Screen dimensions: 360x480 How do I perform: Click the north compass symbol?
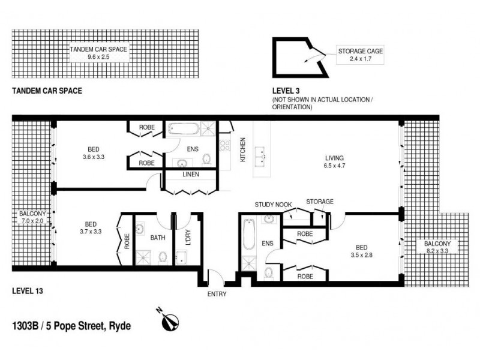pos(170,321)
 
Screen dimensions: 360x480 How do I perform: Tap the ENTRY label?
pos(217,295)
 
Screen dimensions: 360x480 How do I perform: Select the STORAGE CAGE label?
pos(360,52)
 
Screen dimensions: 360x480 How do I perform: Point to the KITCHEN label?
pos(243,150)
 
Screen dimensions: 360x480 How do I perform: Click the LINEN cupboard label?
pos(191,175)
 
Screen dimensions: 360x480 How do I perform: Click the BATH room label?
pos(158,238)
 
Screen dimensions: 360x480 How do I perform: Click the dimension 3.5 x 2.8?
pos(362,255)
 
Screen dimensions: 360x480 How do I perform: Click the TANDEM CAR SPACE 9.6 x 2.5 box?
pos(98,53)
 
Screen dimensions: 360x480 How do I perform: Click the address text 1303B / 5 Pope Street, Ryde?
pos(71,327)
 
